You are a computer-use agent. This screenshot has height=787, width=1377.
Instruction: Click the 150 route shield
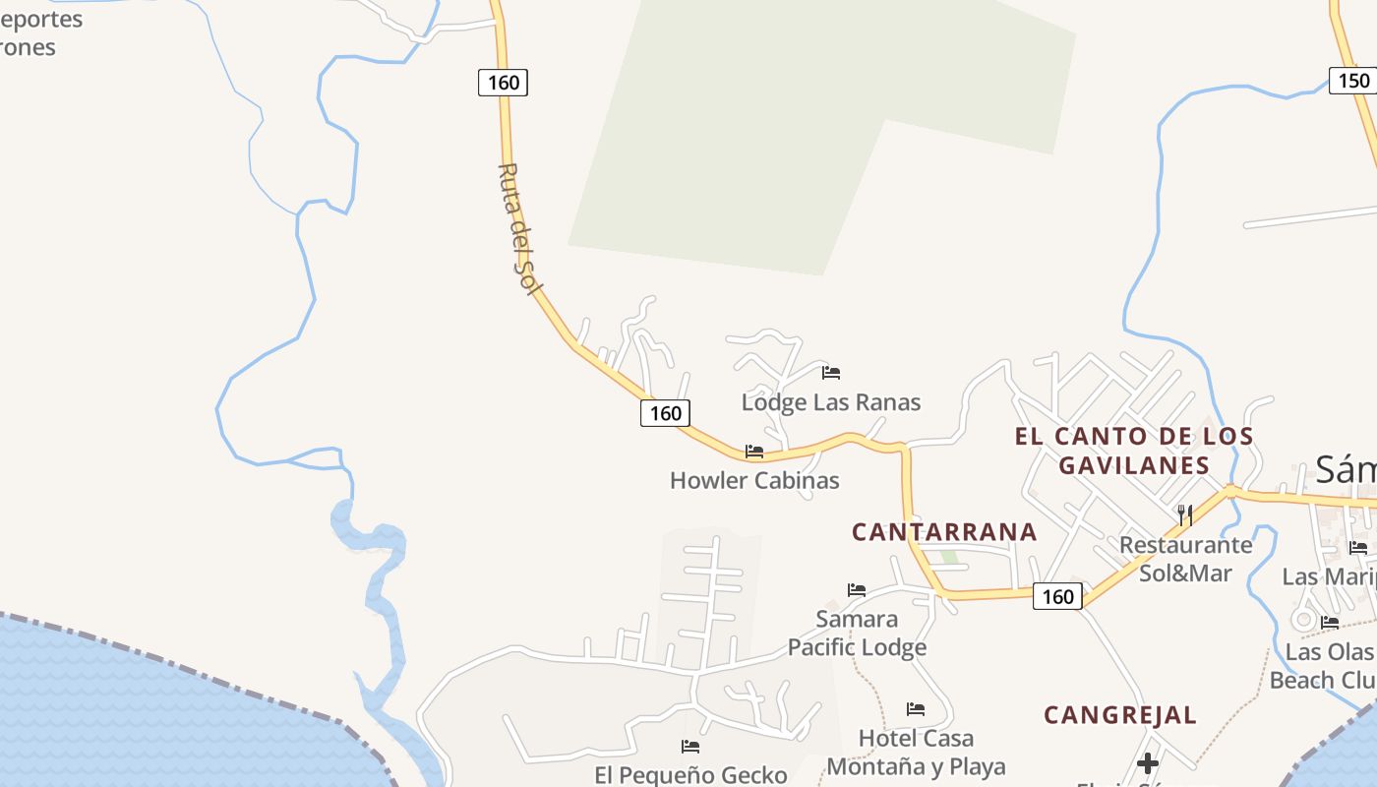[x=1353, y=81]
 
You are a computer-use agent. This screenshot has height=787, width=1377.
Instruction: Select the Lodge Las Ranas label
[x=831, y=402]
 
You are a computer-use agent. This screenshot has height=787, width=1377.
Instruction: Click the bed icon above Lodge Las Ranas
[x=831, y=373]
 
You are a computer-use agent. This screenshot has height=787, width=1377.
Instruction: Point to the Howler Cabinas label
[x=754, y=481]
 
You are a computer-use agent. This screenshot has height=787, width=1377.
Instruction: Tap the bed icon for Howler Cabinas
[x=754, y=452]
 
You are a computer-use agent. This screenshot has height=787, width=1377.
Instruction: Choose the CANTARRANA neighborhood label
[x=944, y=532]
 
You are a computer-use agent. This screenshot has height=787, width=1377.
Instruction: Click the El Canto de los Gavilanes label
[x=1134, y=451]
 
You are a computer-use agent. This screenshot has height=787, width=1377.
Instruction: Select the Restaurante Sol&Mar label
[x=1186, y=559]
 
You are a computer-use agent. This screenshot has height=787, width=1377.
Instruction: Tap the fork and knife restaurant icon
[x=1185, y=515]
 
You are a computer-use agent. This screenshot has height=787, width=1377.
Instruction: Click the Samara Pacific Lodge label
[x=857, y=634]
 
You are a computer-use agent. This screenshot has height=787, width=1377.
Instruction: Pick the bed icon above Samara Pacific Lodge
[x=857, y=590]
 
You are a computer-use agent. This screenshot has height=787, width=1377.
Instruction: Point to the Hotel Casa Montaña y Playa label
[x=916, y=753]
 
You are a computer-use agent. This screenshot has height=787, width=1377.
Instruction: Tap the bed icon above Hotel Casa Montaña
[x=916, y=709]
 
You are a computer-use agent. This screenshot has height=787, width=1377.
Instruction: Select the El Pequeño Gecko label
[x=690, y=775]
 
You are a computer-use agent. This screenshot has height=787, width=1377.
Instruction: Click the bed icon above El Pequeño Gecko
[x=690, y=747]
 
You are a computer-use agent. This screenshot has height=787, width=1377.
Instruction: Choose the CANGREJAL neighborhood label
[x=1120, y=715]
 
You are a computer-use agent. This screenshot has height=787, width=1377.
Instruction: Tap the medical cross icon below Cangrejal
[x=1147, y=762]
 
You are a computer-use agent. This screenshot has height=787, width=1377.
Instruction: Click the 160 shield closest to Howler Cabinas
[x=665, y=413]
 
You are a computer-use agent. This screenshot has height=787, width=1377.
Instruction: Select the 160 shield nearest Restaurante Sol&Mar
[x=1057, y=596]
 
